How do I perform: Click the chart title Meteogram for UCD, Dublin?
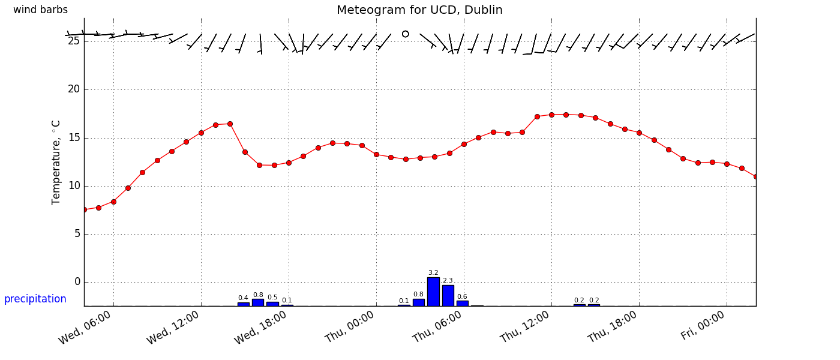click(x=419, y=10)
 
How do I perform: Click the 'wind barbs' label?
click(x=40, y=10)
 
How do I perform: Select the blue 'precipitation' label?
click(x=35, y=299)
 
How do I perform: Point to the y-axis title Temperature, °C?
click(x=56, y=162)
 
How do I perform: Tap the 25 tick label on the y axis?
click(x=74, y=41)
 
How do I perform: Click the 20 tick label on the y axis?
click(x=74, y=89)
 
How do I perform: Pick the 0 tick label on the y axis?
click(x=77, y=282)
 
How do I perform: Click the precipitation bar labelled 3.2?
click(x=433, y=292)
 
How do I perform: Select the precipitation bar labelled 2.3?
click(x=448, y=295)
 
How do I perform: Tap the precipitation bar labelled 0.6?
click(x=462, y=303)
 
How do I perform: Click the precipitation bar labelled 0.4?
click(x=243, y=304)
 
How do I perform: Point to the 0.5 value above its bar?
click(x=272, y=297)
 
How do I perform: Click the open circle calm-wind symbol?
click(x=406, y=34)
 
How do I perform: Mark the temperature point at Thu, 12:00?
click(x=551, y=115)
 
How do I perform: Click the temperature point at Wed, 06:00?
click(x=113, y=202)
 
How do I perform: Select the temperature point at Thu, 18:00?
click(x=639, y=133)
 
